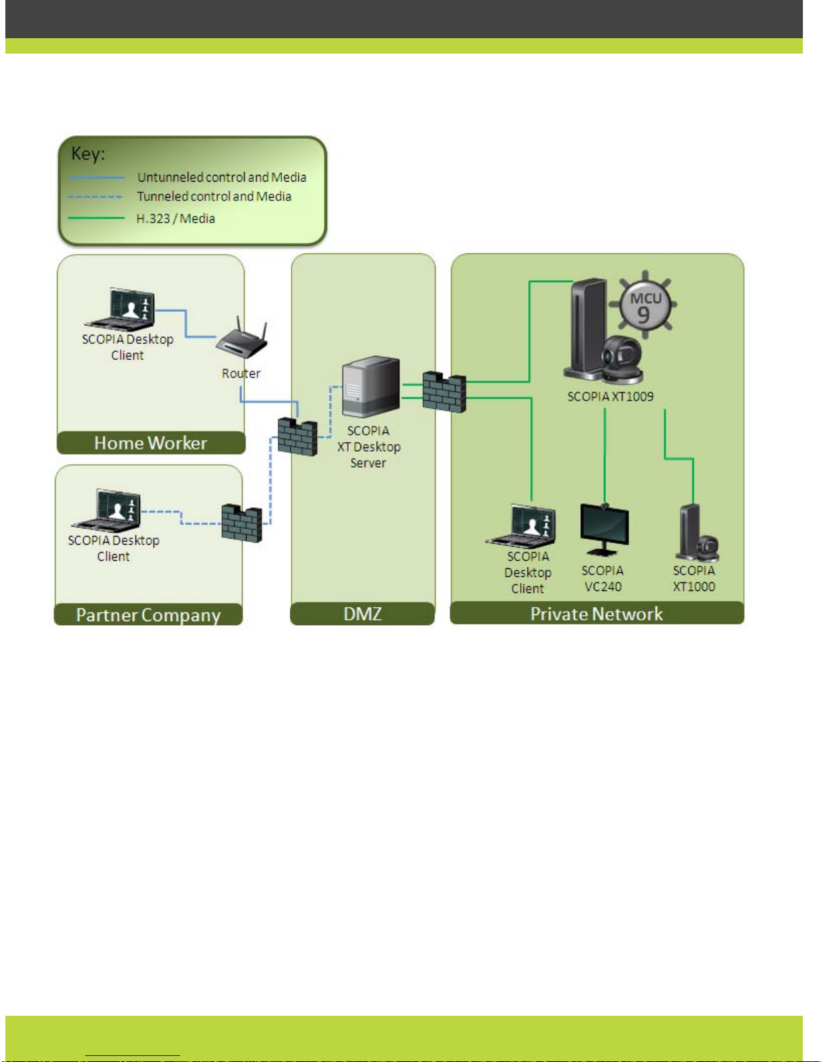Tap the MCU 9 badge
pos(644,305)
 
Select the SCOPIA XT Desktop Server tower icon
pos(371,386)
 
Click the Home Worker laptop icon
pos(120,309)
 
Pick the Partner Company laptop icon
pos(107,511)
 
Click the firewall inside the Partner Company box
pos(242,523)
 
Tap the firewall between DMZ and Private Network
pos(444,392)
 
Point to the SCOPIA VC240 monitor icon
pos(605,530)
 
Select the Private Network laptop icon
pos(521,526)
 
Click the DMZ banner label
pos(363,614)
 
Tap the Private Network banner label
pos(596,614)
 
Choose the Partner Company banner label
pos(148,615)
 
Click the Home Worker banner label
pos(151,444)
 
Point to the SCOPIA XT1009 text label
pos(611,397)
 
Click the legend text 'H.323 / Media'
pos(176,218)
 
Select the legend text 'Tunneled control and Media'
pos(214,196)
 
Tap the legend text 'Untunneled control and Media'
pos(222,177)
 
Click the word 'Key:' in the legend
pos(88,154)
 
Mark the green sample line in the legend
pos(97,218)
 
